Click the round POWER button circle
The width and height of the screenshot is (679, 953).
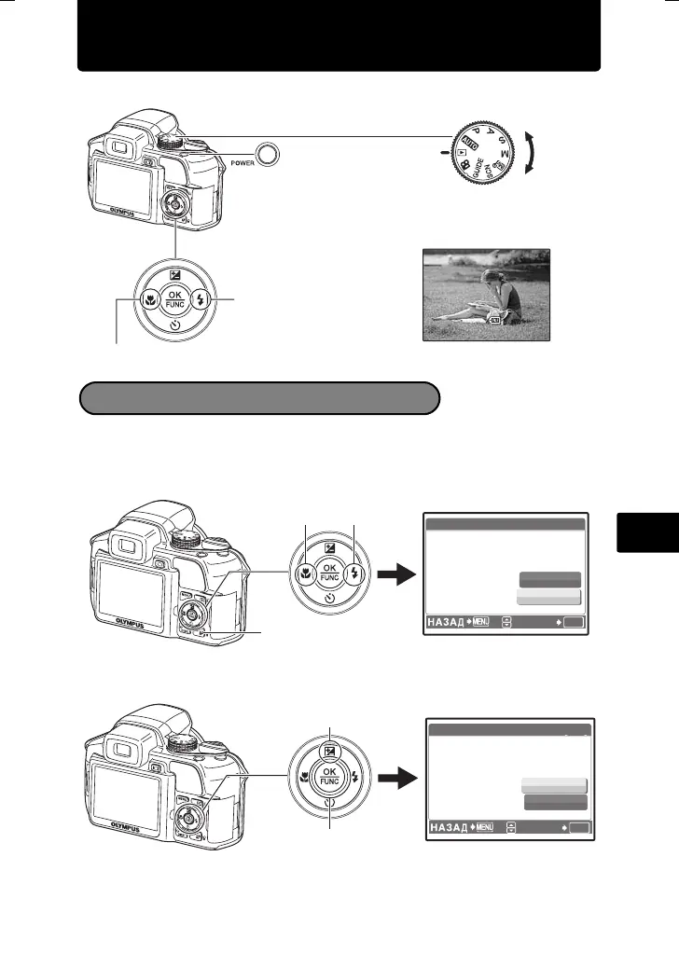pos(269,155)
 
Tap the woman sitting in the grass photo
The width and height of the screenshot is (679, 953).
pos(485,295)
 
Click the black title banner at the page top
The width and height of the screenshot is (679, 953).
pos(339,36)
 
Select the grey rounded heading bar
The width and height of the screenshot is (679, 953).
pos(258,397)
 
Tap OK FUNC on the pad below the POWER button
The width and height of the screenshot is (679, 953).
pos(176,299)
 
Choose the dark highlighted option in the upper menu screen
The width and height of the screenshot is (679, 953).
pos(549,578)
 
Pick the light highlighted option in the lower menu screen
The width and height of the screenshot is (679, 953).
pos(554,784)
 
